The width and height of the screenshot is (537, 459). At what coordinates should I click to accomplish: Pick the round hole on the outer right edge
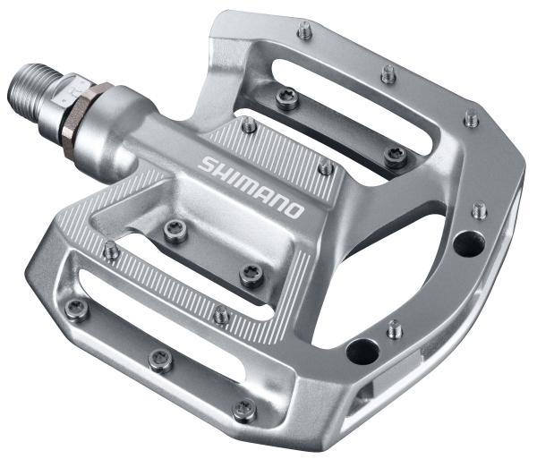463,241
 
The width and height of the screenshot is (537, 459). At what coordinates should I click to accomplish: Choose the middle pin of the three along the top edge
387,73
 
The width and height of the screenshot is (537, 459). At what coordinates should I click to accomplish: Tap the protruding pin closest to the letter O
326,166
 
